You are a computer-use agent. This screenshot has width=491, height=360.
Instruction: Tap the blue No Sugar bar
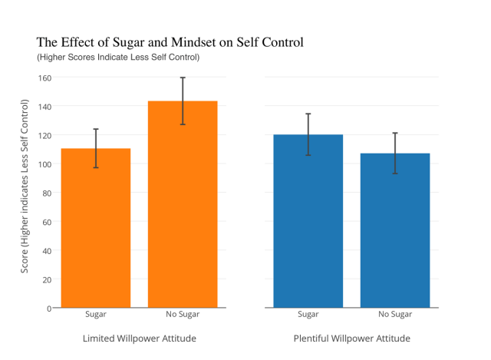click(395, 230)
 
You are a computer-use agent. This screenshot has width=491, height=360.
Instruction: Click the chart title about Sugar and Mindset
click(170, 42)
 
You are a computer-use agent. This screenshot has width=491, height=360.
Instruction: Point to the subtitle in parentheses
click(118, 58)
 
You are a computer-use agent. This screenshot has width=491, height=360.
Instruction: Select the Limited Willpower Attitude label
click(139, 339)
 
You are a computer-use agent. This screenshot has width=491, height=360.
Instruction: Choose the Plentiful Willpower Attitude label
click(351, 339)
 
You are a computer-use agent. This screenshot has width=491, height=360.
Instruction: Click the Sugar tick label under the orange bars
click(96, 315)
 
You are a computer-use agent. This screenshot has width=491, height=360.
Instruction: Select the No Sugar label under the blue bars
click(395, 315)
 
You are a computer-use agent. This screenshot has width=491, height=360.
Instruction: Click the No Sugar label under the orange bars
click(183, 315)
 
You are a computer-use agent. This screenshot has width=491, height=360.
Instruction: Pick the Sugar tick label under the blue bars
click(308, 315)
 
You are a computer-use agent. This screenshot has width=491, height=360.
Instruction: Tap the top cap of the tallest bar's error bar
click(183, 78)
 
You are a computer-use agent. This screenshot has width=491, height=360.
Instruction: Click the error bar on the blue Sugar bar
click(308, 134)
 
